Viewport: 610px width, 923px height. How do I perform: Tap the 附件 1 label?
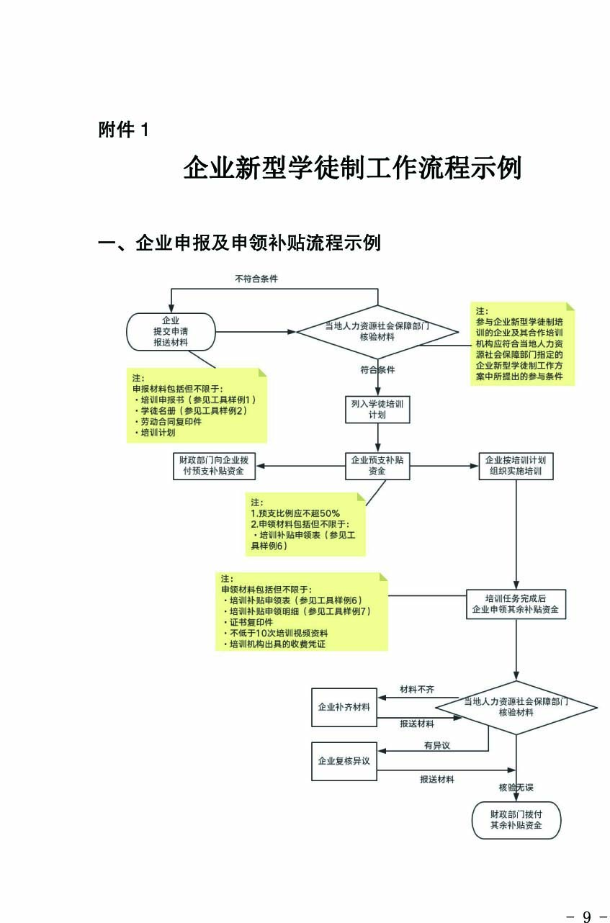click(124, 130)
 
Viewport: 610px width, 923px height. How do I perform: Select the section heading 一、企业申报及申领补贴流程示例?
click(239, 243)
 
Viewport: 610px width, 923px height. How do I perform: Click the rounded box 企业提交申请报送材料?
click(171, 331)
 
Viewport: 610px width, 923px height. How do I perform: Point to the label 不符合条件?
click(256, 278)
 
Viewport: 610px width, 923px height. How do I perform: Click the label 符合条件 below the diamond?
click(377, 370)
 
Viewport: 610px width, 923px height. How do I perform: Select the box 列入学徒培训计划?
click(377, 410)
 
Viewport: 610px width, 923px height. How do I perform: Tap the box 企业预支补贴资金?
click(377, 465)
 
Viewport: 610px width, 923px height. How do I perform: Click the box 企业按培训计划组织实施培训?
click(516, 466)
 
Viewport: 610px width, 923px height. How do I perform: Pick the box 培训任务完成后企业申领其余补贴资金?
click(515, 604)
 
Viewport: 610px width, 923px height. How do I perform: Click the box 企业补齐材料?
click(344, 707)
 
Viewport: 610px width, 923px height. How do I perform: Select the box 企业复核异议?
click(344, 760)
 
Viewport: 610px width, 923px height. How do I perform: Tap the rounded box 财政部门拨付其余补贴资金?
click(516, 820)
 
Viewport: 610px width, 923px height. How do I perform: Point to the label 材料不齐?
click(417, 690)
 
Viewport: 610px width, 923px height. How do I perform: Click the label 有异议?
click(436, 745)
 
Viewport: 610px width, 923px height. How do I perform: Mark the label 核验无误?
click(516, 788)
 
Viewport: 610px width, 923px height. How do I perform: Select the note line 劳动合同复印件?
click(167, 422)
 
